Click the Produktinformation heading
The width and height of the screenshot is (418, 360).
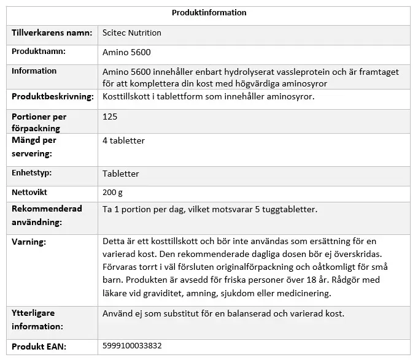209,13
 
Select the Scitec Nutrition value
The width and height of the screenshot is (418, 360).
132,33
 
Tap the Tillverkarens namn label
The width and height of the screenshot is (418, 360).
52,33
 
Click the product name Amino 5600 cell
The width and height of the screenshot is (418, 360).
126,52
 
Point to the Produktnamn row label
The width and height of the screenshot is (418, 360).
39,52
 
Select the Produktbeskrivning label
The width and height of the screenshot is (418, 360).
53,97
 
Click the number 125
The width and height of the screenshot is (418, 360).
110,117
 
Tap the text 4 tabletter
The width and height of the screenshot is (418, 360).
123,140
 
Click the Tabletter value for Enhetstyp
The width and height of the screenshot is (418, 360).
120,174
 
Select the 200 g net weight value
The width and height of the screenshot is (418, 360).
112,193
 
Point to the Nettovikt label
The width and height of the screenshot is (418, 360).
30,193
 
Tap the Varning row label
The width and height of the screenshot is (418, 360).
29,242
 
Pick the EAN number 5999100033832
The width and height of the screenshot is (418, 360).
132,346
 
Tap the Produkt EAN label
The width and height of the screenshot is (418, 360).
39,346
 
